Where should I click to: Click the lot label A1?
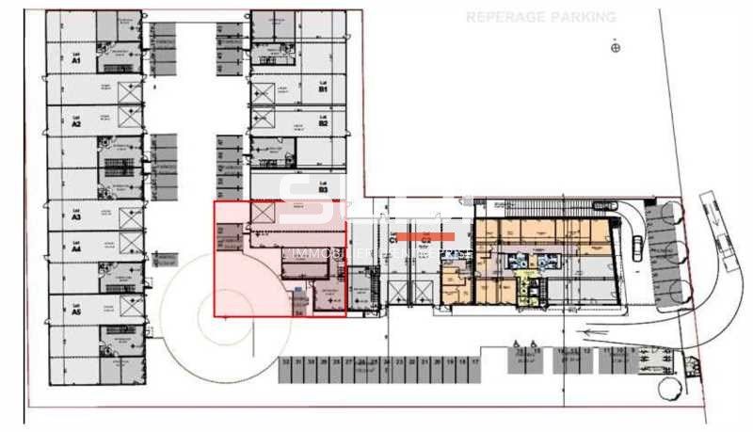click(x=76, y=57)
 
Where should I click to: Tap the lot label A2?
click(x=76, y=120)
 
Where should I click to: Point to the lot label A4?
click(x=76, y=247)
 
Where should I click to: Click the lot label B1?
click(x=322, y=88)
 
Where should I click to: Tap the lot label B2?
click(x=322, y=120)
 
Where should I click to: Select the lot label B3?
click(x=322, y=186)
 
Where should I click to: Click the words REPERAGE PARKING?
click(x=541, y=17)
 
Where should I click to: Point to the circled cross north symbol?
click(x=616, y=47)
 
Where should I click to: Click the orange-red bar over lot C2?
click(x=425, y=236)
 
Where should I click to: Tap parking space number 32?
click(x=285, y=360)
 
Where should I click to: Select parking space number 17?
click(x=476, y=360)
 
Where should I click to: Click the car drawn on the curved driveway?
click(x=637, y=247)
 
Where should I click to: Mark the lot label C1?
click(x=393, y=242)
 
